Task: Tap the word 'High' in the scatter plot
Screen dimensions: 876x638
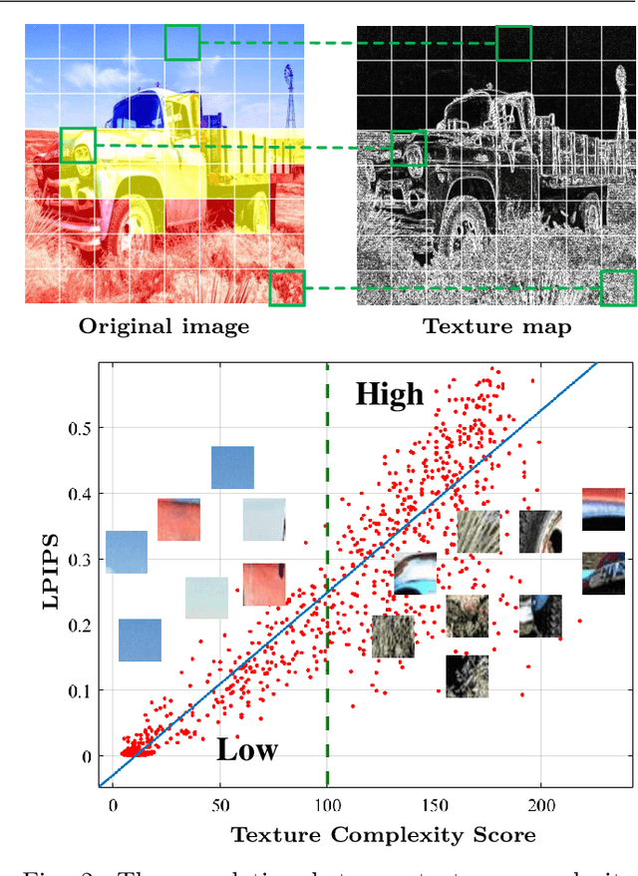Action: (390, 395)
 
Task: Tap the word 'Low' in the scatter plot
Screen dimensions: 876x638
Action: (247, 750)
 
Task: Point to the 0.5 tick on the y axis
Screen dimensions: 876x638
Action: (78, 428)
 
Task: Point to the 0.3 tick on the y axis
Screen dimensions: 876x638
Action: (78, 560)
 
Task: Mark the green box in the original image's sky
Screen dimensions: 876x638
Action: (182, 43)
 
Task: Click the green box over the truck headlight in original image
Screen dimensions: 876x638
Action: (78, 145)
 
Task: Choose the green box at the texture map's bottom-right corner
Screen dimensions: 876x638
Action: (618, 287)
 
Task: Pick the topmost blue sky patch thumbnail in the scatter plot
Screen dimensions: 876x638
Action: (232, 468)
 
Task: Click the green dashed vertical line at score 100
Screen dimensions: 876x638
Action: (327, 599)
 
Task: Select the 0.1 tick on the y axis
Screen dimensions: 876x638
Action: (78, 690)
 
